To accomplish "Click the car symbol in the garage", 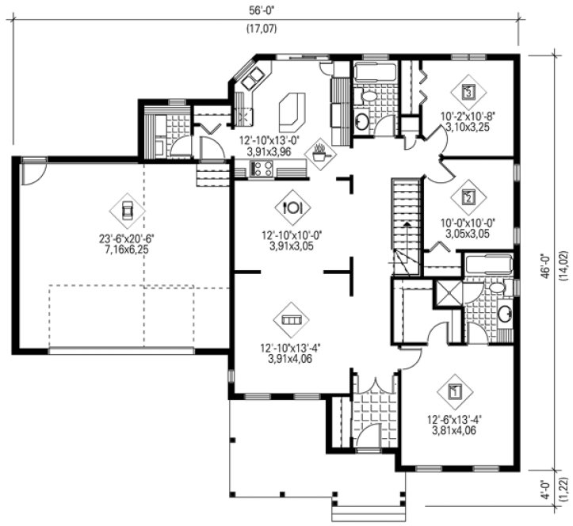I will coord(126,209).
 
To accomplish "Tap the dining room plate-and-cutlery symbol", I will coord(290,208).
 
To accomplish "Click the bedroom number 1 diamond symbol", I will coord(455,391).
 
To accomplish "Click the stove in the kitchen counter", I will coord(262,167).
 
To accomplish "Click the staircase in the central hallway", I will coord(404,226).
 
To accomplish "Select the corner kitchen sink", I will coord(254,78).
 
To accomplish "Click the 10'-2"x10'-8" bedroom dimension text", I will coord(468,116).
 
